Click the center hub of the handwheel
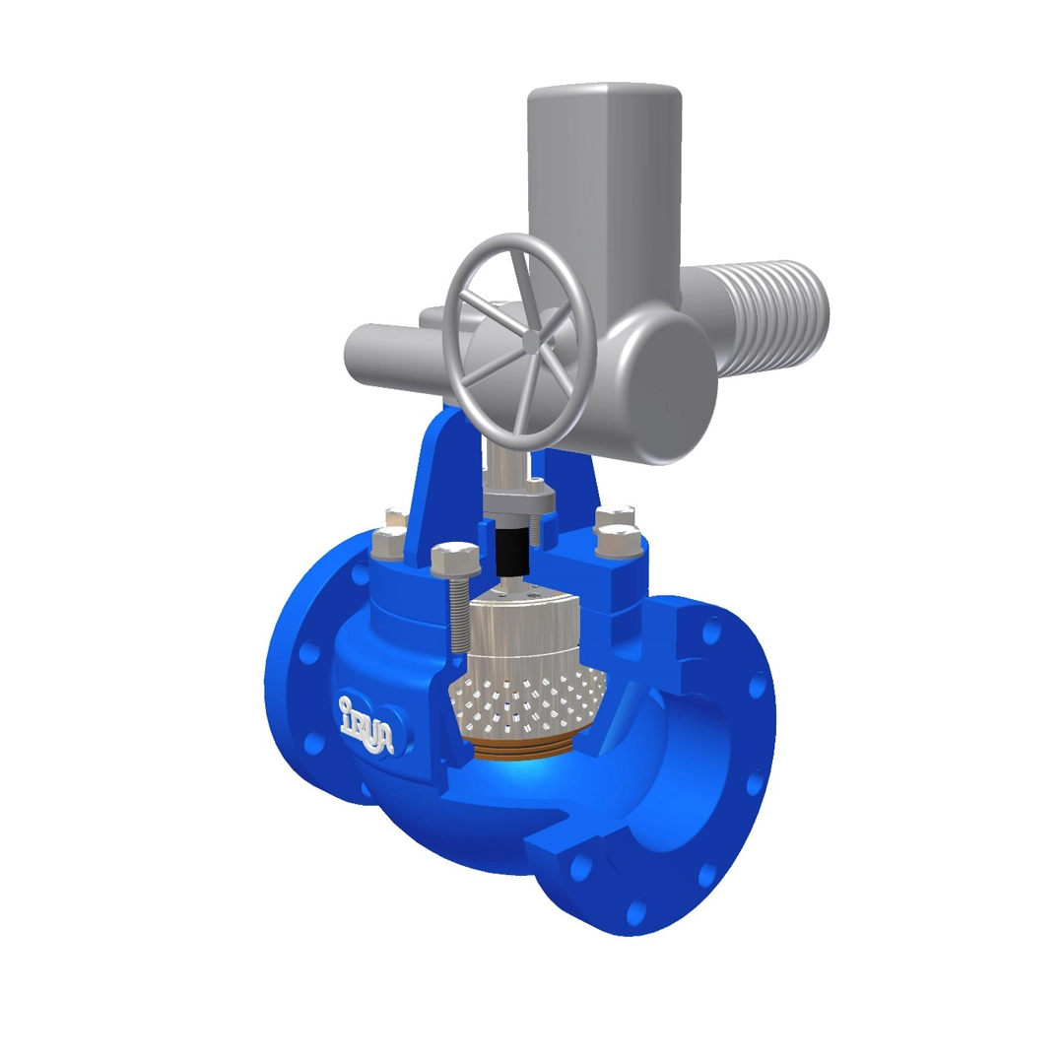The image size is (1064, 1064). point(531,341)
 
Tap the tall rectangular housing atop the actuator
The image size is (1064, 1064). point(604,187)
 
